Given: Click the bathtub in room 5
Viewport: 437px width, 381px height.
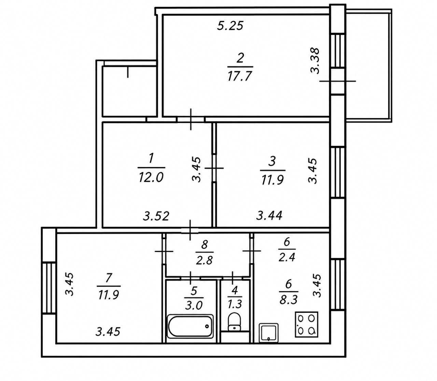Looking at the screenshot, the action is click(190, 326).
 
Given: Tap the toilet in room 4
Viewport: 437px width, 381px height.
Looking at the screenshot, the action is click(234, 322).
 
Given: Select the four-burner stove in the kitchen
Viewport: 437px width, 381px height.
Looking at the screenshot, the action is click(307, 324).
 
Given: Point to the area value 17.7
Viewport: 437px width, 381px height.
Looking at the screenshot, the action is click(240, 76).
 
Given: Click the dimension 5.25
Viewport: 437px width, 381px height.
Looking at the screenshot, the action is click(230, 26).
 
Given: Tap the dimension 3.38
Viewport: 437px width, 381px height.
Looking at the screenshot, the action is click(315, 61).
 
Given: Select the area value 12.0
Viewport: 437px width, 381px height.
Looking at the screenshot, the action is click(151, 177).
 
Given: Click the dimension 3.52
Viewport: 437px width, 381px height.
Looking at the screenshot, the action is click(156, 216).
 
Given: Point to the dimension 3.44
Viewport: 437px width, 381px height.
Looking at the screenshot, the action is click(269, 215).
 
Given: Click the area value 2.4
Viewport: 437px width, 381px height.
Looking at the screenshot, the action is click(287, 257).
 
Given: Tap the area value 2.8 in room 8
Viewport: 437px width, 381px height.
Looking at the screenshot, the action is click(204, 260).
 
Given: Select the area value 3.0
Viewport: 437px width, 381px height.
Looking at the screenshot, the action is click(194, 306).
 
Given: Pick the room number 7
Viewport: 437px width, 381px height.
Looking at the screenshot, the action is click(109, 278).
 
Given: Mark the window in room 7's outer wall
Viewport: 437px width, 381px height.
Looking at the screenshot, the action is click(49, 287).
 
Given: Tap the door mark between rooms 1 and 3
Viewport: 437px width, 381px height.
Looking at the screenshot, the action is click(214, 168).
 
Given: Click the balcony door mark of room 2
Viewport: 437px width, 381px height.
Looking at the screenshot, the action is click(338, 81).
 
